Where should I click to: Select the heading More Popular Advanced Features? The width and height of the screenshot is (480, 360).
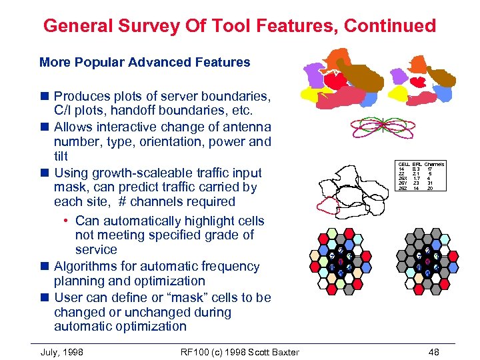(145, 63)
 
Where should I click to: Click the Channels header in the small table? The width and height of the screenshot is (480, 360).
(434, 164)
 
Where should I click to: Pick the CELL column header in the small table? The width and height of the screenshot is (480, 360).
(403, 164)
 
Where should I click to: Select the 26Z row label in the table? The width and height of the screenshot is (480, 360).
(403, 189)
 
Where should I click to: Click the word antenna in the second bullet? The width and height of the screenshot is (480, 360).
(249, 127)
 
